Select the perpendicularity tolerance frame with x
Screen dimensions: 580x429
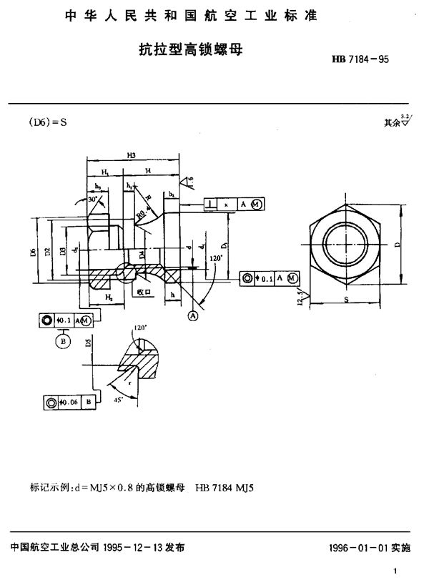pos(232,204)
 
